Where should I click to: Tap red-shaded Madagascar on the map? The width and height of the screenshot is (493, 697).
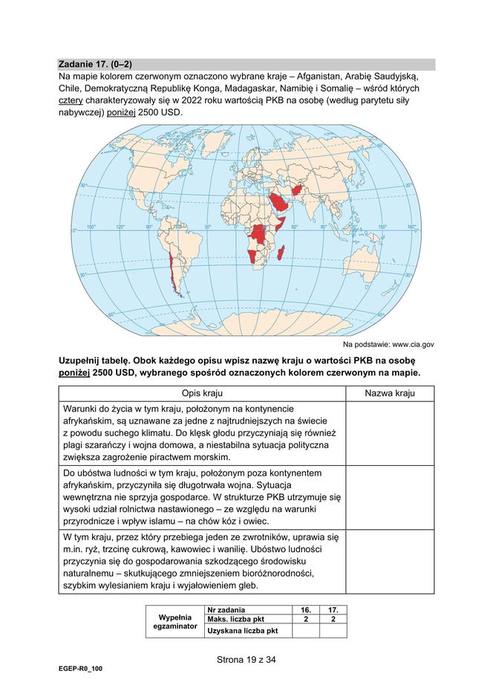(x=280, y=255)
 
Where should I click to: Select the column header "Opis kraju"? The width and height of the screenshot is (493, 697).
(x=202, y=393)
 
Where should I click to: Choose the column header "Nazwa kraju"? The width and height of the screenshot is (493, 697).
(x=390, y=393)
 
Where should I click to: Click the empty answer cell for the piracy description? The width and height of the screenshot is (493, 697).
(x=390, y=432)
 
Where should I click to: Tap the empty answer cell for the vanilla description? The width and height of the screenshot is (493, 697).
(x=390, y=562)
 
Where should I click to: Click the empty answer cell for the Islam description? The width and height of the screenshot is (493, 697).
(x=390, y=497)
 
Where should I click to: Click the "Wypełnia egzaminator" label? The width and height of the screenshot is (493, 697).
(x=175, y=622)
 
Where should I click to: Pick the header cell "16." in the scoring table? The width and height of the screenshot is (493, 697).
(x=305, y=609)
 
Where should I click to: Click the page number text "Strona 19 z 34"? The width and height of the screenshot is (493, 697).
(x=246, y=658)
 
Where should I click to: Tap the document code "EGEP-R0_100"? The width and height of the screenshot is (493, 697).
(x=80, y=669)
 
